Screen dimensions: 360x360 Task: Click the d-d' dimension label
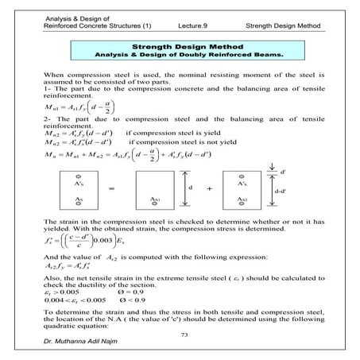[x=287, y=192]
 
